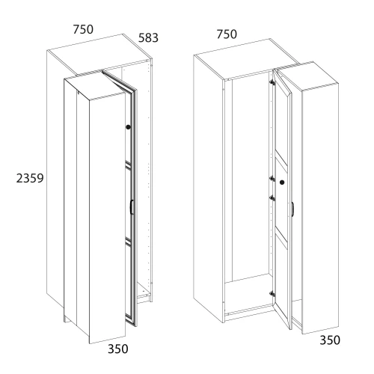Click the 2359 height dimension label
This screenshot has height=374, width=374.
pos(30,178)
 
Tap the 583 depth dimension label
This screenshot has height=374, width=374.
pos(148,38)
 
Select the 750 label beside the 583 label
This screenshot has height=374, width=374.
pos(83,29)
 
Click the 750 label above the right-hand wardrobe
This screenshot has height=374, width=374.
pos(227,34)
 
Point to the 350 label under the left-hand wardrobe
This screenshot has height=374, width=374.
pos(118,349)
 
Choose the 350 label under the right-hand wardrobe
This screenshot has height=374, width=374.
pos(330,340)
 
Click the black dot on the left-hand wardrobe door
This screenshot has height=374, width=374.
pos(128,127)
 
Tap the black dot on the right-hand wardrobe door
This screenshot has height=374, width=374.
pos(282,183)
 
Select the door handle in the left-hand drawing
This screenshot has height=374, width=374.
pos(131,206)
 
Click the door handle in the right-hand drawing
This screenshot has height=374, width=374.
pos(292,209)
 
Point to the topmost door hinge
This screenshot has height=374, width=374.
pos(272,82)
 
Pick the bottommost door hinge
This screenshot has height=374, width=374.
pos(272,294)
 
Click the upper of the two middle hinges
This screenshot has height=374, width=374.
pos(272,178)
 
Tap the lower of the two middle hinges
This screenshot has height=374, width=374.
pos(272,198)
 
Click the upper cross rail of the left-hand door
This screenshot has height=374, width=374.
pos(128,165)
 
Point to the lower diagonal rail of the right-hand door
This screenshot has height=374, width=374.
pos(281,237)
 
